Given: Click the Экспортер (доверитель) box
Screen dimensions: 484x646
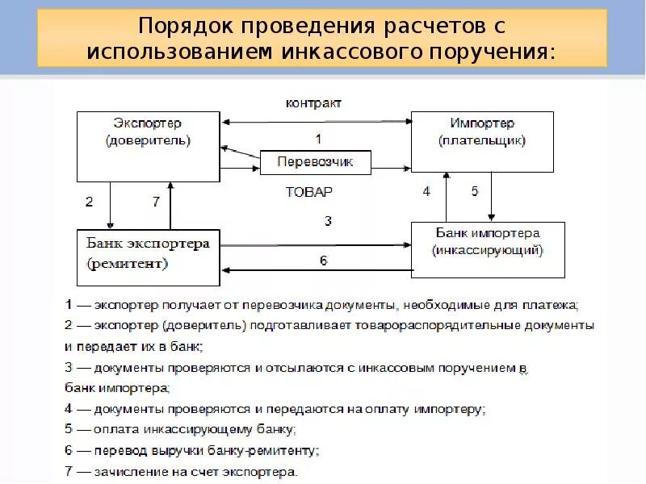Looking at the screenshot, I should pyautogui.click(x=148, y=146).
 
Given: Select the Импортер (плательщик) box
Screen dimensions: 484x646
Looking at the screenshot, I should pyautogui.click(x=482, y=142).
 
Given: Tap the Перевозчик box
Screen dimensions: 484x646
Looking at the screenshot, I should pyautogui.click(x=316, y=162).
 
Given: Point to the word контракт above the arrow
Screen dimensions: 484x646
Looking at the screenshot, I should pyautogui.click(x=314, y=103).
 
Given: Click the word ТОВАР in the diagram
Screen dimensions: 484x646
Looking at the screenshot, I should pyautogui.click(x=308, y=193).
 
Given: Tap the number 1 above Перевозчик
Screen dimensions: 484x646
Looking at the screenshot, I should pyautogui.click(x=317, y=138).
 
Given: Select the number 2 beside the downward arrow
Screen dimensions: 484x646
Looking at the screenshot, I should pyautogui.click(x=89, y=202).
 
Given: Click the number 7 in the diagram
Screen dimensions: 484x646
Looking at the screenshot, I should pyautogui.click(x=157, y=202).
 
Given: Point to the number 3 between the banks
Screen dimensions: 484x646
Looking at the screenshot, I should pyautogui.click(x=328, y=220).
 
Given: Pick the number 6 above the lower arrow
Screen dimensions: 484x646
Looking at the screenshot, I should pyautogui.click(x=323, y=261).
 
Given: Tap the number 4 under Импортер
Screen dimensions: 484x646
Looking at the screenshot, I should pyautogui.click(x=426, y=191).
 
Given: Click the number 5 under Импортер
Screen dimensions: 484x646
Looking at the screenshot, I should pyautogui.click(x=475, y=191).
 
